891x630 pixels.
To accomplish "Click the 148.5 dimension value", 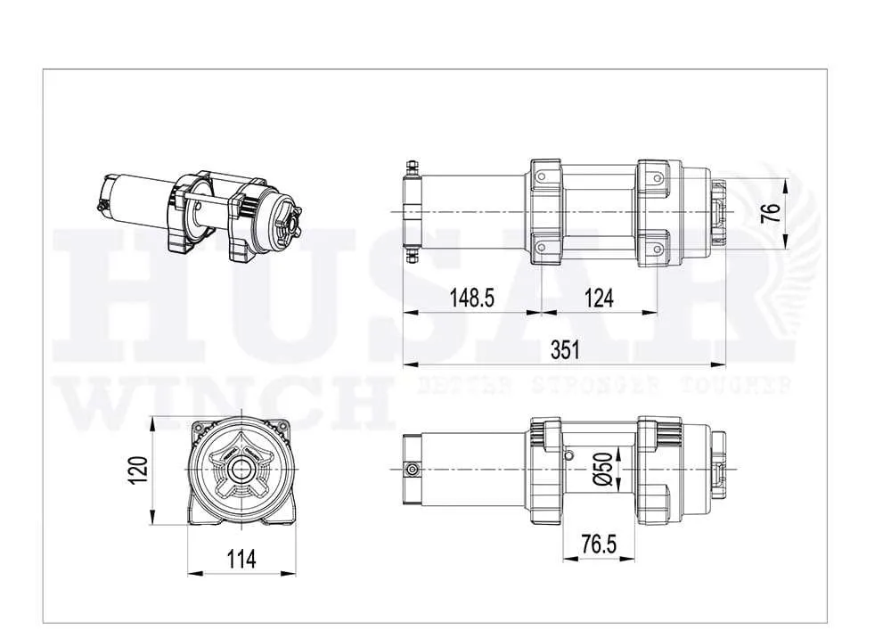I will click(x=470, y=299).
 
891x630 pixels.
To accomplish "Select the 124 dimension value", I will click(x=599, y=299).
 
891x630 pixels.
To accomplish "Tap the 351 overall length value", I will click(x=564, y=350).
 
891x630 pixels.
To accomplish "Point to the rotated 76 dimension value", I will click(x=772, y=214).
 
